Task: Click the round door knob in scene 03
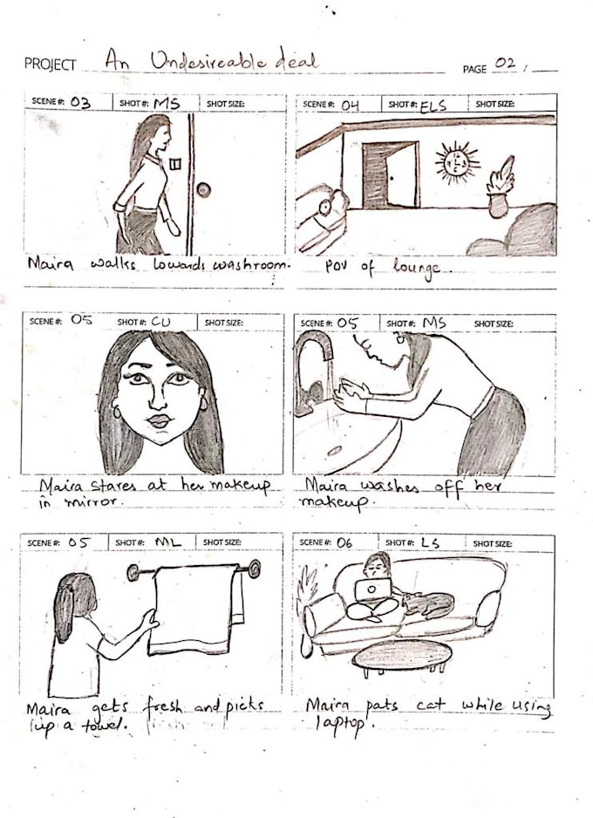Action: tap(203, 189)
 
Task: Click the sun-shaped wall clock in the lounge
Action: tap(455, 163)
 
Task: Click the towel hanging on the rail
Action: tap(193, 610)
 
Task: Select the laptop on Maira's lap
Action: tap(372, 590)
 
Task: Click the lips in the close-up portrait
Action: tap(158, 421)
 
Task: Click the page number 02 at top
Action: tap(504, 64)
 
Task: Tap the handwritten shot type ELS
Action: tap(433, 106)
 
